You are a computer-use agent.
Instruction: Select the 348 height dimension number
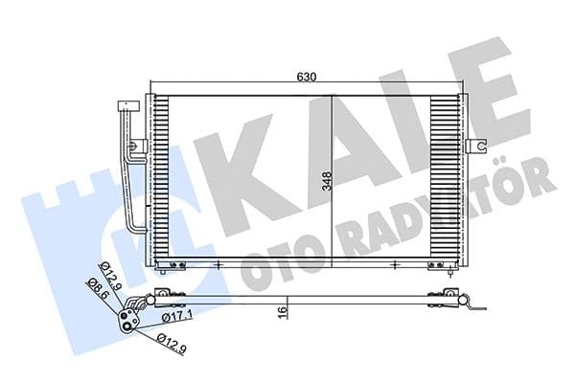[326, 181]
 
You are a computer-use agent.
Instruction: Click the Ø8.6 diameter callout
[96, 286]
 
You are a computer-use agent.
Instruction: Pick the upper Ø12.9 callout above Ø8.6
[110, 275]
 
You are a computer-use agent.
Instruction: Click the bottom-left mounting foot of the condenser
[172, 265]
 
